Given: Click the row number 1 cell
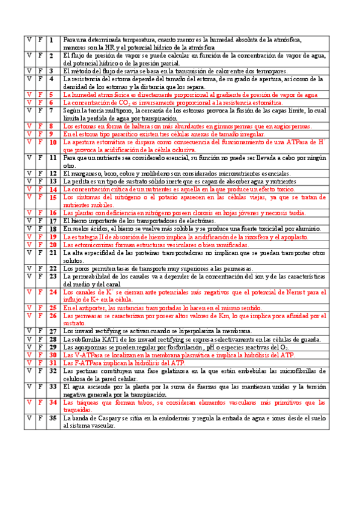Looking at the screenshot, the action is (x=52, y=40).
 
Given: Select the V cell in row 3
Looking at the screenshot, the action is (x=28, y=71).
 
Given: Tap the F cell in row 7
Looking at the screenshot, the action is (x=40, y=111).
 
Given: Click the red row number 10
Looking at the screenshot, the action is (x=52, y=143).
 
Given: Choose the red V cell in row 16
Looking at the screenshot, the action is (x=28, y=213).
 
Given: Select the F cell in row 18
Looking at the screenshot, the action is (x=40, y=229).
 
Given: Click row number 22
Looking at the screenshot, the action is (x=52, y=268).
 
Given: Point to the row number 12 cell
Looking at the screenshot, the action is (x=52, y=173).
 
